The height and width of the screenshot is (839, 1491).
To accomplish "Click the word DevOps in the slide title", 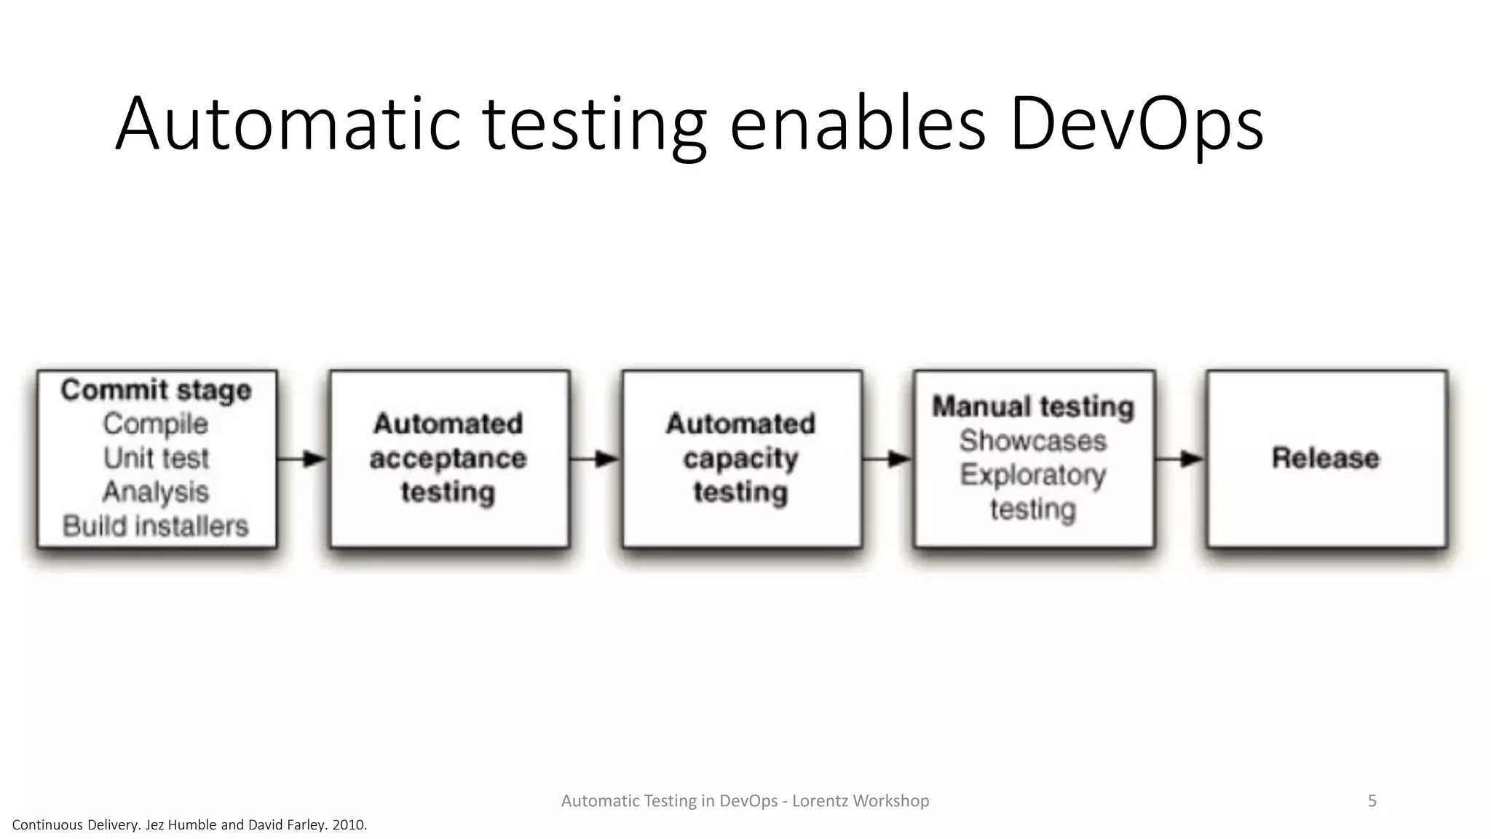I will coord(1136,124).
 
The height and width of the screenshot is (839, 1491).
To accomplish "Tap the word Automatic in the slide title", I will coord(288,124).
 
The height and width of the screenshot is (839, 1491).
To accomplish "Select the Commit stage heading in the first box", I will coord(157,390).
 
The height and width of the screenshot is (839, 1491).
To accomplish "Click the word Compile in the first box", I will coord(156,424).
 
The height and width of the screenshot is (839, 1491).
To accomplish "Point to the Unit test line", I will coord(156,458).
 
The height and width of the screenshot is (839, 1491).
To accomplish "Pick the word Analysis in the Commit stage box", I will coord(156,492).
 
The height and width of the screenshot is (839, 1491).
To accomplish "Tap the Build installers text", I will coord(156,526).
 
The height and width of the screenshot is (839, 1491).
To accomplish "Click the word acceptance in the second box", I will coord(448,459).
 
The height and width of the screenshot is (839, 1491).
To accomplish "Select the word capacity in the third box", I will coord(741,459).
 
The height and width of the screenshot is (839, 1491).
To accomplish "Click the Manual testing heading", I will coord(1033,406).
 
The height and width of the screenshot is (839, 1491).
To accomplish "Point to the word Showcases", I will coord(1033,441).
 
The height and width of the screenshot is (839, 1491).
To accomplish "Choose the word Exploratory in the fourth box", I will coord(1033,475).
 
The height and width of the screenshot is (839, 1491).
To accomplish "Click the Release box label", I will coord(1326,458).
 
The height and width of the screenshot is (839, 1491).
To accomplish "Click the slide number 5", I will coord(1372,801).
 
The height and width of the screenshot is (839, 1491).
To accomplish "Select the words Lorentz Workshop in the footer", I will coord(861,801).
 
